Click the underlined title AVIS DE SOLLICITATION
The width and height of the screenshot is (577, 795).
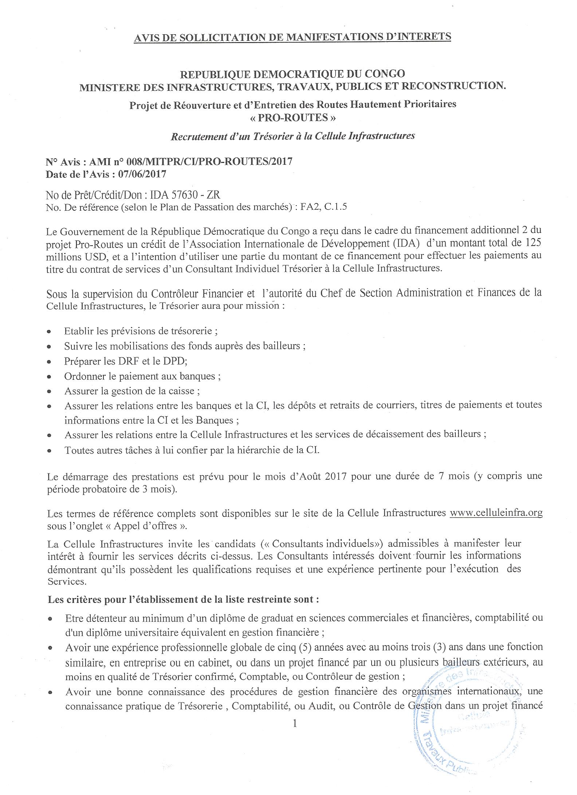[x=293, y=37]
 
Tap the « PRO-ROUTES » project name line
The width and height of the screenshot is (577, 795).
[x=293, y=118]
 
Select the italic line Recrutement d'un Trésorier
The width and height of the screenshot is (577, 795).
[x=293, y=136]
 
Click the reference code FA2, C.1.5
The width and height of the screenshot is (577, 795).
[x=323, y=207]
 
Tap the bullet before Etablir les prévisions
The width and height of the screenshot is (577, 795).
[x=49, y=332]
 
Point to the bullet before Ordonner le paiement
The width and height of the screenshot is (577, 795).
[x=49, y=377]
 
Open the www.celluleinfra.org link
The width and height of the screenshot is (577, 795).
[x=496, y=513]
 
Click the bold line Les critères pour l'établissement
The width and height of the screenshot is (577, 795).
[x=183, y=599]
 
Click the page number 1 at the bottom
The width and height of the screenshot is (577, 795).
[x=295, y=724]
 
